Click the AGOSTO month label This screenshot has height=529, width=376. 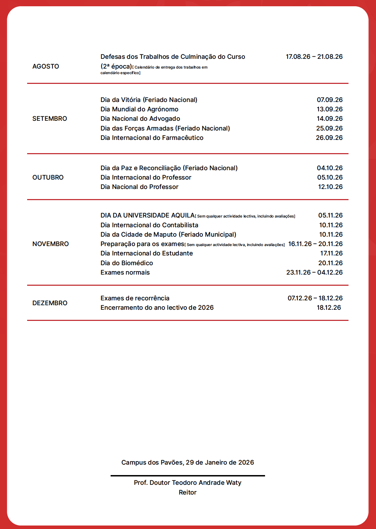pos(46,66)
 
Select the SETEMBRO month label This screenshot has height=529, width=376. pos(50,119)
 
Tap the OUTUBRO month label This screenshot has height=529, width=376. pos(48,177)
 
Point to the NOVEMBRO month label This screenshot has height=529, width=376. pos(50,244)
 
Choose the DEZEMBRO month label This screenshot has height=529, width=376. pos(50,303)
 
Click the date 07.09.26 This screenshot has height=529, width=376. pos(329,100)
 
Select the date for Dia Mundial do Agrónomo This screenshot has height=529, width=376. pos(329,109)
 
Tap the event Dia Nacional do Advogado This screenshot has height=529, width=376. pos(140,119)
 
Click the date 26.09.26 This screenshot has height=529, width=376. pos(329,138)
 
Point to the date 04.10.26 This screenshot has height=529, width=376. pos(329,168)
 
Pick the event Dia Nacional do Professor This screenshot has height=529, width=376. pos(139,187)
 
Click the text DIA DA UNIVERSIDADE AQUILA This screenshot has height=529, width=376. pos(147,215)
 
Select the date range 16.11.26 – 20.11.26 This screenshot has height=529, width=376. pos(315,244)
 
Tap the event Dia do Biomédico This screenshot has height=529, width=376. pos(127,263)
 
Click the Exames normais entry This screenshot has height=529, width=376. pos(125,273)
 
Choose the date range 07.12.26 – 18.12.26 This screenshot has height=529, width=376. pos(315,298)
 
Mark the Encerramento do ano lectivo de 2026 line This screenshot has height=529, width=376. pos(157,308)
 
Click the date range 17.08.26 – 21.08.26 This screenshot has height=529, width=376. pos(314,57)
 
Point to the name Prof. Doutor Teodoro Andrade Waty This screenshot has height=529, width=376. pos(187,483)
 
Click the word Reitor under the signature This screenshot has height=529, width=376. pos(187,492)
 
